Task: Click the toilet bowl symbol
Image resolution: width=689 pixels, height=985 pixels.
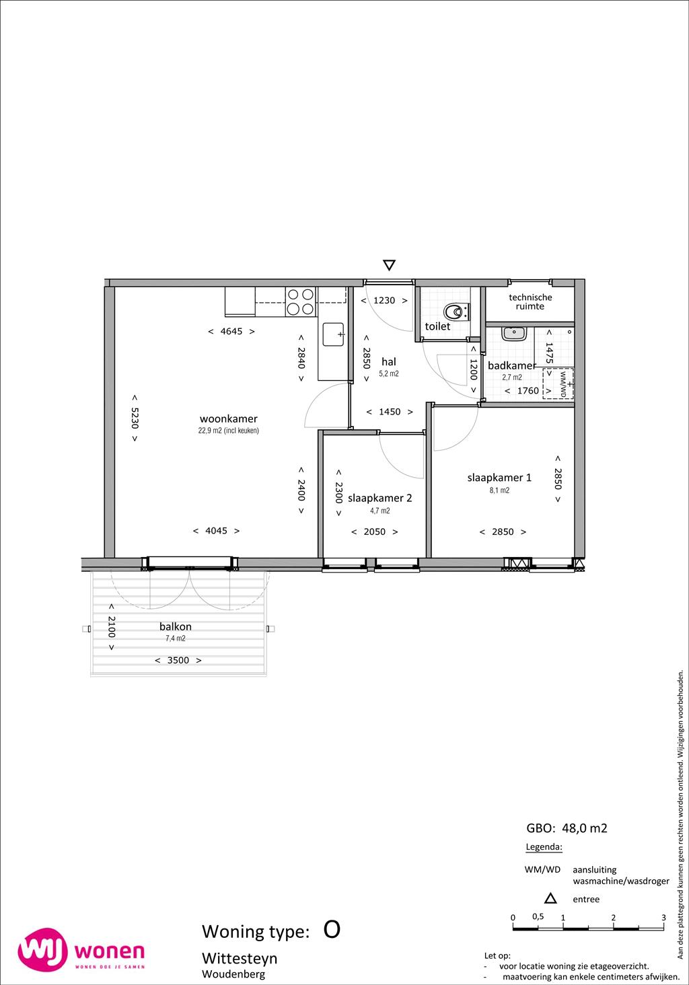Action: [454, 312]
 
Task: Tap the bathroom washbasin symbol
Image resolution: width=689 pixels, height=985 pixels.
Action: [513, 332]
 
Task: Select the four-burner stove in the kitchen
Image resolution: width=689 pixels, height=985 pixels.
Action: [301, 301]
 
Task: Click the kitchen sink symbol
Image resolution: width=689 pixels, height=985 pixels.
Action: [333, 334]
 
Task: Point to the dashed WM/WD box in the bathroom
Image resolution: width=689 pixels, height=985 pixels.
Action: [558, 384]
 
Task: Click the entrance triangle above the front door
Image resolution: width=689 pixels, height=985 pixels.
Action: [389, 264]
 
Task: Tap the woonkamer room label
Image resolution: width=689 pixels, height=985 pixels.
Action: [229, 418]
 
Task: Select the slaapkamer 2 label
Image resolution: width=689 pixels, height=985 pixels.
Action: [380, 498]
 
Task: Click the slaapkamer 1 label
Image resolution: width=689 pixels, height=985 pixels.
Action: [499, 477]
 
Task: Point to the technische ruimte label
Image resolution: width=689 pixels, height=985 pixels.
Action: [530, 301]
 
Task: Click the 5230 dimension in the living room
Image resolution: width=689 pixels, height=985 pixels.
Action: [135, 418]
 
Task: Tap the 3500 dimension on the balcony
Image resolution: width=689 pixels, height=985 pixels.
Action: [178, 660]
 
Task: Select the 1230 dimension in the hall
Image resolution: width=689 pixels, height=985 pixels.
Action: [384, 300]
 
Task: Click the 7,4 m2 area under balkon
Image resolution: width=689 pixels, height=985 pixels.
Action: [176, 638]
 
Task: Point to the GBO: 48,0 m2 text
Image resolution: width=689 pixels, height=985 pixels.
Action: [567, 828]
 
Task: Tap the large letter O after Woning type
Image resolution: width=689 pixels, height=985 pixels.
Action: [332, 930]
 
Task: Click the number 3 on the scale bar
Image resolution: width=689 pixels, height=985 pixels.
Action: [664, 917]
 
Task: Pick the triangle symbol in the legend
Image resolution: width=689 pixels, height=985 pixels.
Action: [550, 899]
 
